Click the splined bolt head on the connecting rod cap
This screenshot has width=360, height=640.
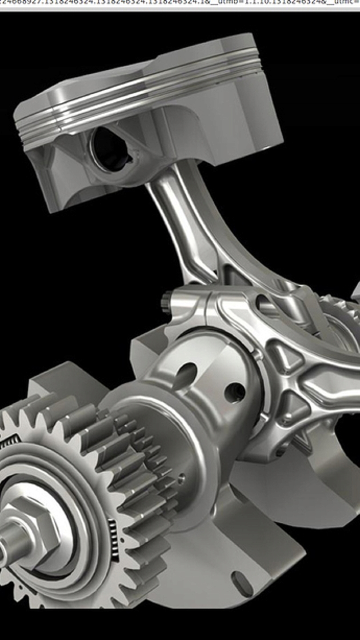click(x=167, y=302)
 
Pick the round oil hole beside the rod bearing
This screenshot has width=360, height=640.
click(x=234, y=392)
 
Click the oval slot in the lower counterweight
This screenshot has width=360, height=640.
click(x=242, y=584)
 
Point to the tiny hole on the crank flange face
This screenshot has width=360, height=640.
click(x=181, y=478)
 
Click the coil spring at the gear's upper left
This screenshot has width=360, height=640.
click(x=9, y=442)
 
